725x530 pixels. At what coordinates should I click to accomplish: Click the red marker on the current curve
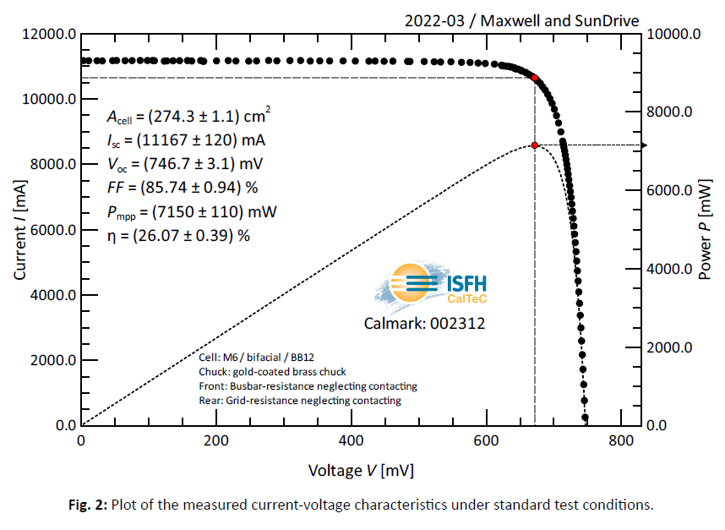point(534,78)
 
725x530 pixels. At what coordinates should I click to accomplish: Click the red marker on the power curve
point(534,145)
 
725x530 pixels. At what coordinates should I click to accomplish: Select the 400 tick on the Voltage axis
point(351,441)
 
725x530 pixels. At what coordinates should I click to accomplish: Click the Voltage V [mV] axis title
point(361,470)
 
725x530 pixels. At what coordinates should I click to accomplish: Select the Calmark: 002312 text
point(424,323)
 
